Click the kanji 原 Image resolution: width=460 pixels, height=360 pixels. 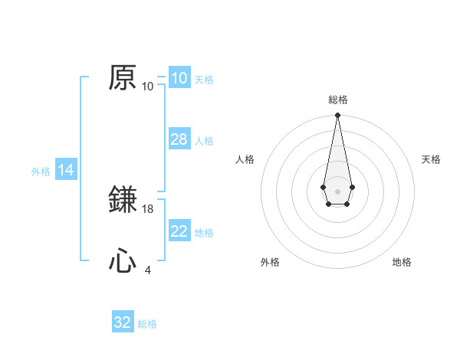(123, 78)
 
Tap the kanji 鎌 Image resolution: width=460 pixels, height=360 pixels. (123, 201)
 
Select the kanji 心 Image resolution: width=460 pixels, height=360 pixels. (123, 262)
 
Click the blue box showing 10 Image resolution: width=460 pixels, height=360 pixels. (179, 78)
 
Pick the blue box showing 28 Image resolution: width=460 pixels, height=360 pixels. (179, 139)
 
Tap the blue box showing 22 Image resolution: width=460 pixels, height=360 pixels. (179, 231)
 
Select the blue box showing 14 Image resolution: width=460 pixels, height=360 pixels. (66, 170)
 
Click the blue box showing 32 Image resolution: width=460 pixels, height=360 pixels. (123, 322)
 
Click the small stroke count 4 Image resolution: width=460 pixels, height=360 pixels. (148, 270)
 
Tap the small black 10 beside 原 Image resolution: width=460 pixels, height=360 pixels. (148, 87)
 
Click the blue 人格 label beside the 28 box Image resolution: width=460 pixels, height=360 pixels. (204, 141)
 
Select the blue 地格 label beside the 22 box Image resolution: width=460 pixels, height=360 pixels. (204, 233)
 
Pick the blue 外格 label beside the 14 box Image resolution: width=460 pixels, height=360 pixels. (41, 172)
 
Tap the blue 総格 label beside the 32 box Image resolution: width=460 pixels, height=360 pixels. (147, 324)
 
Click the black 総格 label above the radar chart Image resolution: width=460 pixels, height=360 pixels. (337, 100)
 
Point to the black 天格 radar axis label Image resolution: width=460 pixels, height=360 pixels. (431, 159)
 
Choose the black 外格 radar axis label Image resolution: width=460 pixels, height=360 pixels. (270, 262)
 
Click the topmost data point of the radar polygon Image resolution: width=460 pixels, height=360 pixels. (337, 116)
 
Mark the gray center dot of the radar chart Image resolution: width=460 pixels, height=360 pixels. (337, 190)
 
